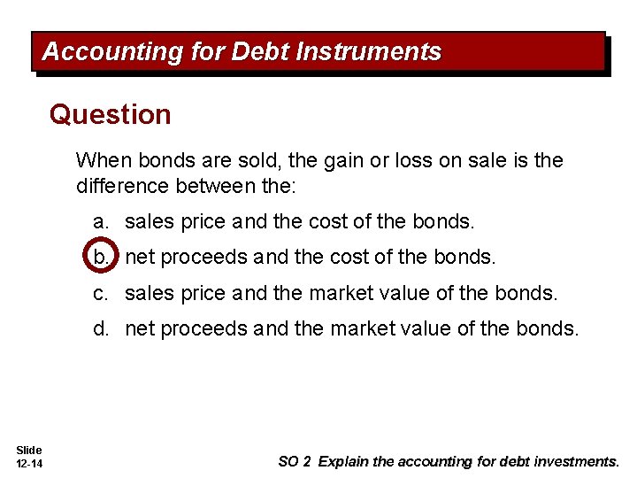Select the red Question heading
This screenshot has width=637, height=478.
point(111,115)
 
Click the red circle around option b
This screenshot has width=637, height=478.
point(101,257)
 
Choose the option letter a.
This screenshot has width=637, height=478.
point(102,221)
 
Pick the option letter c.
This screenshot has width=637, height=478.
point(102,293)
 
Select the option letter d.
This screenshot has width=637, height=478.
point(102,328)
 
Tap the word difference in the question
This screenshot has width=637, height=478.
point(122,185)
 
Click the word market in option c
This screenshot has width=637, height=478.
point(356,293)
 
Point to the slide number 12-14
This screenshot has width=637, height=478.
point(29,464)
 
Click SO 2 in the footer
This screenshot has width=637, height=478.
point(295,461)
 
